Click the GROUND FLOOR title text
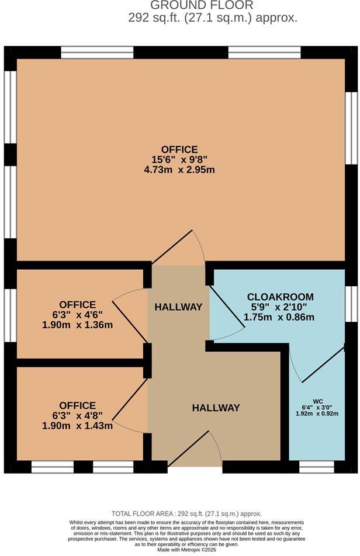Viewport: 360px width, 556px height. click(202, 5)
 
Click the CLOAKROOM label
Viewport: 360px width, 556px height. click(280, 297)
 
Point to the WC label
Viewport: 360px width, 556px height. click(318, 401)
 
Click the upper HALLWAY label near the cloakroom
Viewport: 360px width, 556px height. click(178, 307)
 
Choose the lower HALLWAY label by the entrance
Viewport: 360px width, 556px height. click(216, 408)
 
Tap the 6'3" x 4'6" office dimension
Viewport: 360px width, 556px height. click(77, 315)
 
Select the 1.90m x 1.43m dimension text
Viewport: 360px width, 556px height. click(77, 426)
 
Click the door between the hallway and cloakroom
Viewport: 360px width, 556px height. click(222, 315)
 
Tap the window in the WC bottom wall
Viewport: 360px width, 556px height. click(316, 467)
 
